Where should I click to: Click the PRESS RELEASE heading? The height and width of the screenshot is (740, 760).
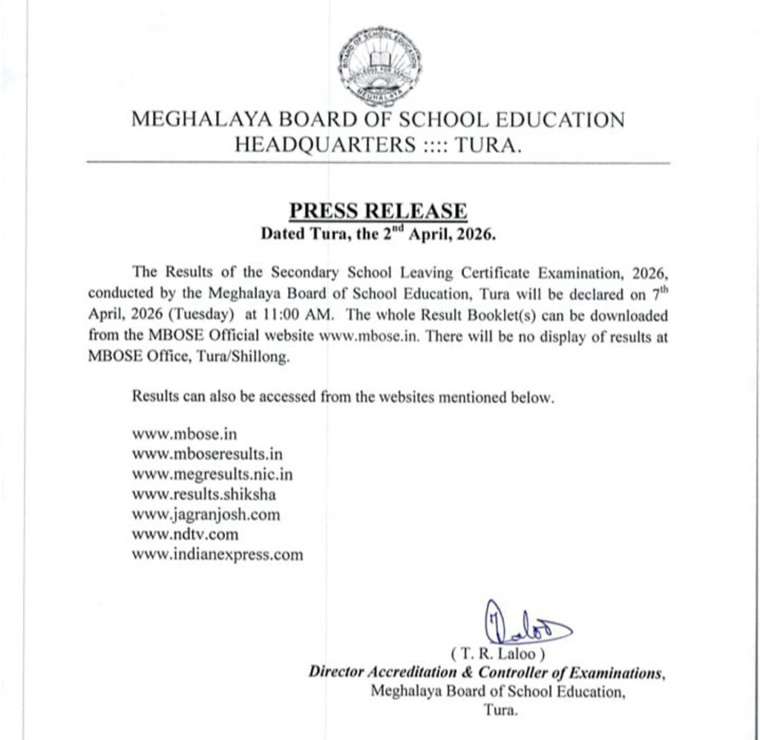pyautogui.click(x=378, y=211)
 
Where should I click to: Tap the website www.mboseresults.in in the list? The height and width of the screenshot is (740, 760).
pyautogui.click(x=207, y=452)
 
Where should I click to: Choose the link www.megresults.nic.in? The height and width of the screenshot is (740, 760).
pyautogui.click(x=217, y=473)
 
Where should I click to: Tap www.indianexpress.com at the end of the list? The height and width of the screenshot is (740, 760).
pyautogui.click(x=217, y=554)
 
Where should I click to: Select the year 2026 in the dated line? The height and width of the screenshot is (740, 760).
pyautogui.click(x=472, y=235)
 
